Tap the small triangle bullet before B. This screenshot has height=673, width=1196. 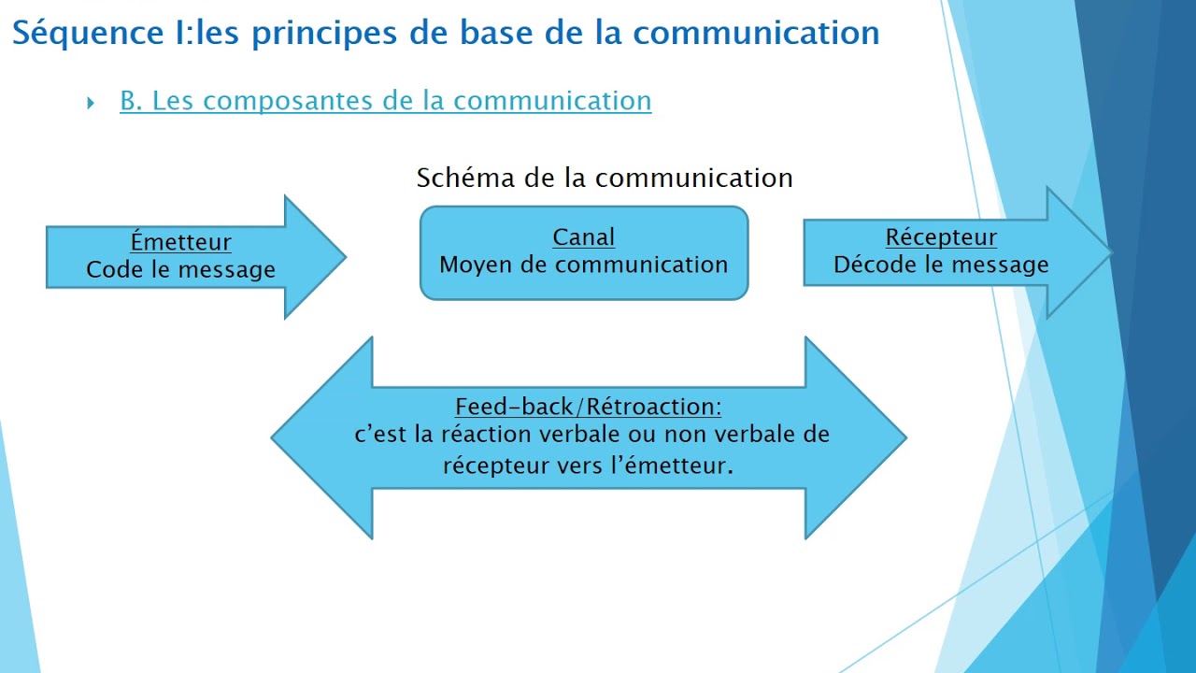click(91, 103)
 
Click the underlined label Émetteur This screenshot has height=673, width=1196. click(180, 242)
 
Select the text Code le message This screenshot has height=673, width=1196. click(180, 270)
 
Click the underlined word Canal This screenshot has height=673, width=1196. click(584, 237)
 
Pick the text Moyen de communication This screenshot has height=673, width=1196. click(584, 265)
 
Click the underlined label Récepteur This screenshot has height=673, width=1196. click(941, 237)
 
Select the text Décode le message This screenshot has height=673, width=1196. click(941, 265)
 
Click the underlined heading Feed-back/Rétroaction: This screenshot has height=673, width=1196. click(588, 408)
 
